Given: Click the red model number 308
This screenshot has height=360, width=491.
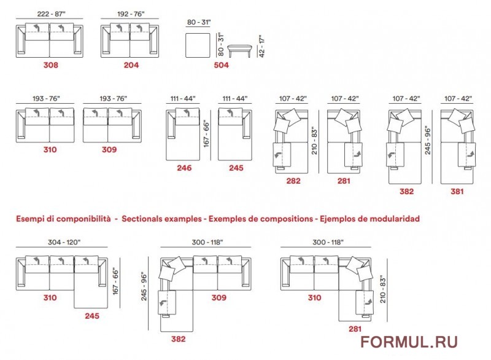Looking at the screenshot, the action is pos(51,65).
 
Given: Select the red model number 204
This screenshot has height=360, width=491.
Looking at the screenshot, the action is pos(131,65).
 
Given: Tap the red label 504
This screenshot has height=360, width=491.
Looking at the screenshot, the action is pos(222,65).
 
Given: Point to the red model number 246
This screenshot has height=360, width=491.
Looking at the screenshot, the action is pos(184,168).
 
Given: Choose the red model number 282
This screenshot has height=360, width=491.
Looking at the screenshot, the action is pos(293,181).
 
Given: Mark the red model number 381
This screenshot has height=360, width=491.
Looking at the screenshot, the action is pos(457,192).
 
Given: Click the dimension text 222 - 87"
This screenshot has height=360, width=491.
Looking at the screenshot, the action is pos(52,14).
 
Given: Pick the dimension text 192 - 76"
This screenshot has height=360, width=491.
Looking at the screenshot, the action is pos(131,14).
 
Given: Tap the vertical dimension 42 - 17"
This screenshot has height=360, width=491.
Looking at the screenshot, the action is pos(262,45).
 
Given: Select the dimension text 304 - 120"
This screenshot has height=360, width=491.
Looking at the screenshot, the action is pos(64,242).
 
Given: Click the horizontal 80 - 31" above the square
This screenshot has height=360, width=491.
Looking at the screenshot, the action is pos(199,22).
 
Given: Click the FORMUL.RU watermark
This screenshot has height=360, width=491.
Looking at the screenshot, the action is pos(409,342).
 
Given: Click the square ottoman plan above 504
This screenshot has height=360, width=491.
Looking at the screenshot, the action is pos(198,45).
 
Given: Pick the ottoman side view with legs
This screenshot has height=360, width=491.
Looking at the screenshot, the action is pos(239,51).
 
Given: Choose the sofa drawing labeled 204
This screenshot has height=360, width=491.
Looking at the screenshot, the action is pos(130,41).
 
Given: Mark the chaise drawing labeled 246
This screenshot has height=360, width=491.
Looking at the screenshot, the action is pos(183,135).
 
